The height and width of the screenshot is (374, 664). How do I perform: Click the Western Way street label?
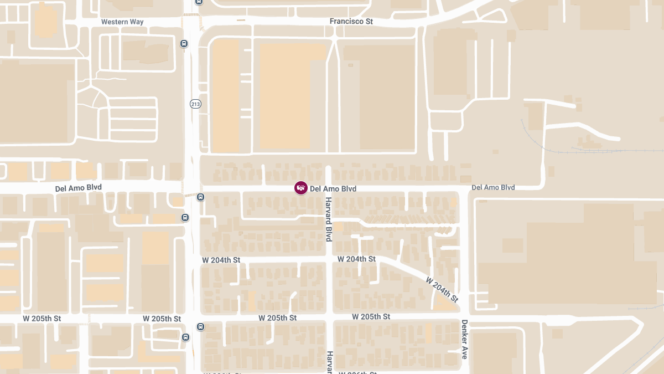tap(122, 22)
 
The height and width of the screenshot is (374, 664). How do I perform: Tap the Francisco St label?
tap(351, 22)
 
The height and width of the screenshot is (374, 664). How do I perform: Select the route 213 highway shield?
tap(195, 104)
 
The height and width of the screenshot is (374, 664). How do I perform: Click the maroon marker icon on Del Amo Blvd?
tap(300, 188)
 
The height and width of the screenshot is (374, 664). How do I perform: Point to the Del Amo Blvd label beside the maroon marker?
tap(333, 189)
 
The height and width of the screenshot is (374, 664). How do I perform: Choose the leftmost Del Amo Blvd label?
tap(79, 188)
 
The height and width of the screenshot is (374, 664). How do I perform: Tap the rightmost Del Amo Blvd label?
tap(493, 188)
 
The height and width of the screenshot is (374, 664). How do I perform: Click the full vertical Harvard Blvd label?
tap(328, 219)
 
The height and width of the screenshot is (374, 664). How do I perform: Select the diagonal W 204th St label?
tap(442, 289)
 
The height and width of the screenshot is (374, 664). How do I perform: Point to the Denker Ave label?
tap(464, 339)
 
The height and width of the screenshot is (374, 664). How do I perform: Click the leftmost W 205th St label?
tap(42, 319)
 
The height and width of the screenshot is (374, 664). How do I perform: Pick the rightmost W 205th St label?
tap(371, 316)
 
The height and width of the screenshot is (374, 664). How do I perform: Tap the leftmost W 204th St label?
tap(221, 260)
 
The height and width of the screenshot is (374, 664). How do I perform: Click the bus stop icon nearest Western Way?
tap(184, 43)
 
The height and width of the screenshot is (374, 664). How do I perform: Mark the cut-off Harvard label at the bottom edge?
tap(329, 362)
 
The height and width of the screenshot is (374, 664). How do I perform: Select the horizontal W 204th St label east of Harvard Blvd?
tap(356, 259)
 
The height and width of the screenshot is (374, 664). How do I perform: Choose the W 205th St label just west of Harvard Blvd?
tap(278, 318)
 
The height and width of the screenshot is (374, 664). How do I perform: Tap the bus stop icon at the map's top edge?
tap(199, 2)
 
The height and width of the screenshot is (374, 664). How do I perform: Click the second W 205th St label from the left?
tap(162, 319)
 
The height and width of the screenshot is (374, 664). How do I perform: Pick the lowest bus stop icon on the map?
tap(185, 337)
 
